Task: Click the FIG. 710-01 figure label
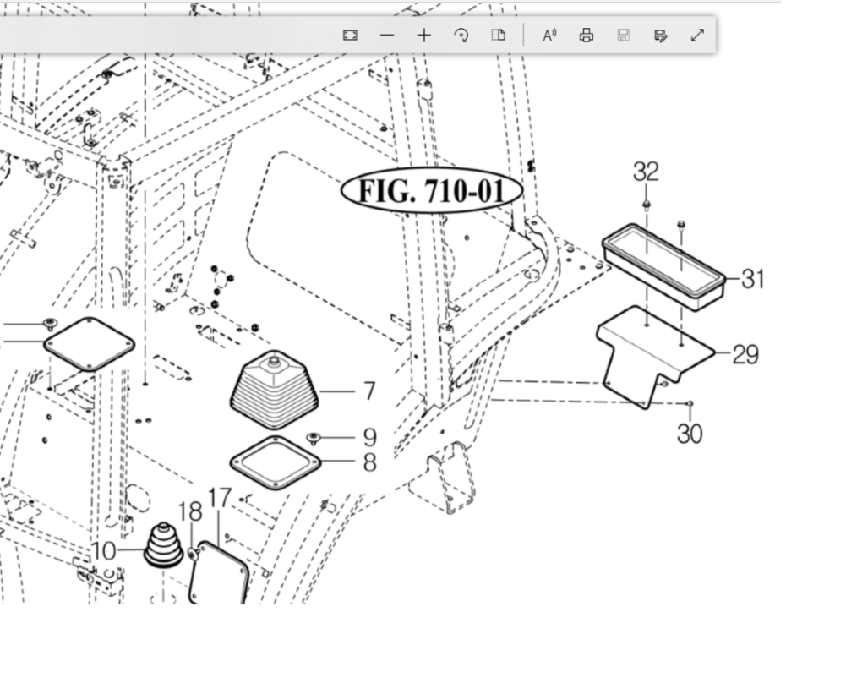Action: [432, 191]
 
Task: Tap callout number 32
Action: [646, 172]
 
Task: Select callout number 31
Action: [753, 278]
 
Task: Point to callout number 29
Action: [745, 354]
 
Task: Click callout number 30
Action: [690, 434]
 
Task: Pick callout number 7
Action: [369, 391]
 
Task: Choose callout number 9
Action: [369, 437]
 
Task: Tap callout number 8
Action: [369, 462]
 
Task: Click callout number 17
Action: [219, 498]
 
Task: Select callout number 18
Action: [191, 511]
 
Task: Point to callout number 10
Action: [103, 551]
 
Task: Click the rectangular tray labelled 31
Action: [664, 265]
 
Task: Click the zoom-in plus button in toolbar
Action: [423, 36]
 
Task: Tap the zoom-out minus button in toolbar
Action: [387, 36]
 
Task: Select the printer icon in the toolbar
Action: [587, 36]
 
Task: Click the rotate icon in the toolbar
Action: [461, 36]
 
